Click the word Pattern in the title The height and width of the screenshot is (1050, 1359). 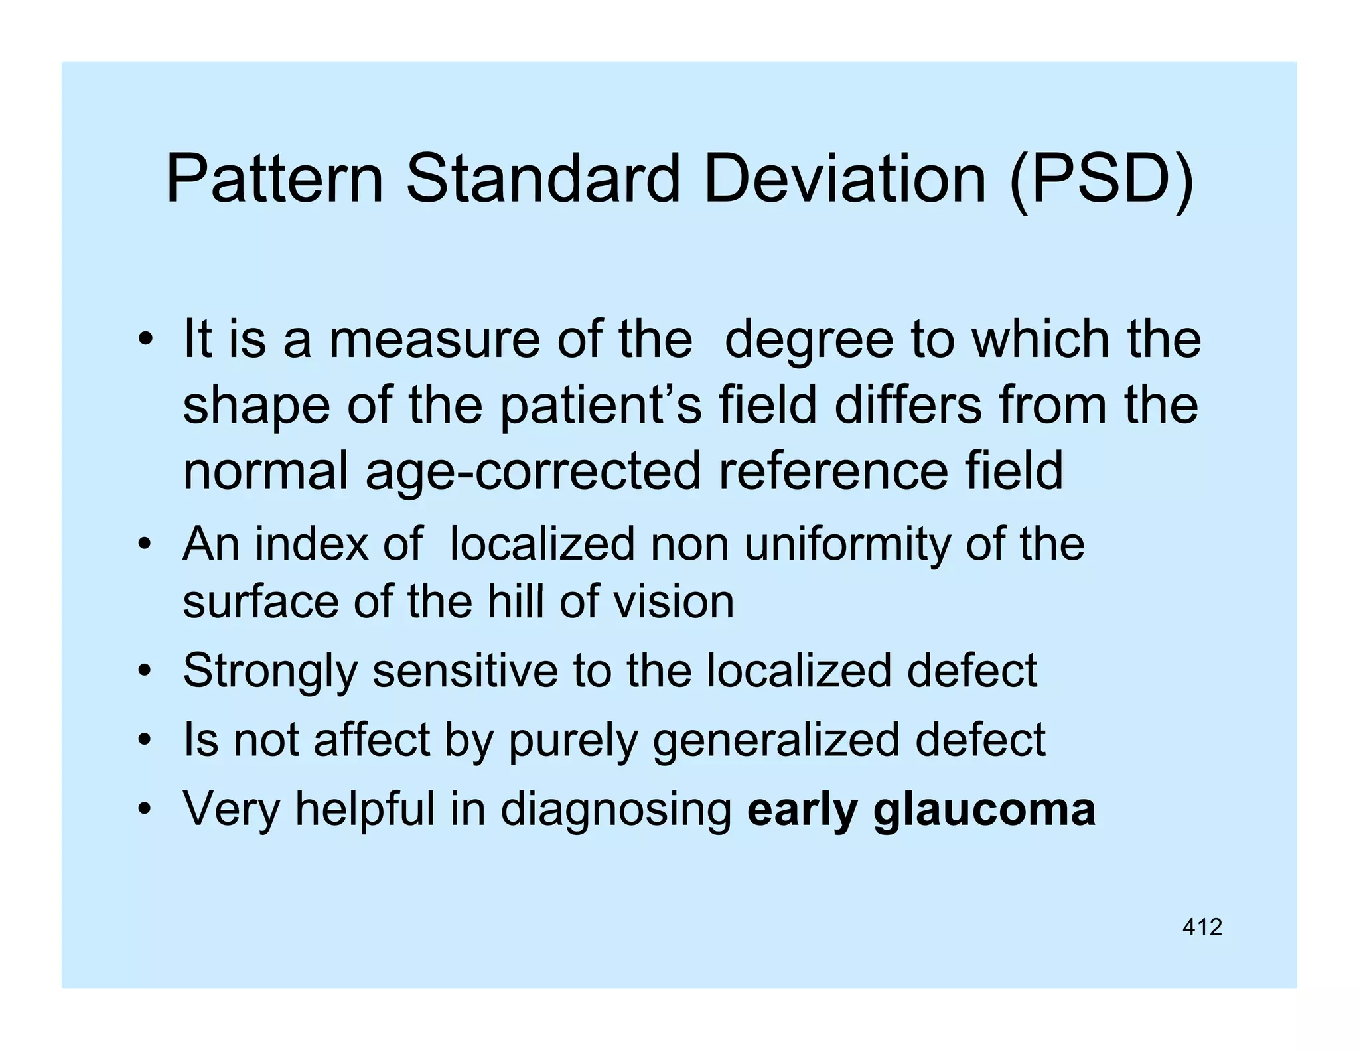(x=274, y=179)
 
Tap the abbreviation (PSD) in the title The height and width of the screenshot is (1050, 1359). (x=1101, y=179)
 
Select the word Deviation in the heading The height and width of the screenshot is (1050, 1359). (x=844, y=179)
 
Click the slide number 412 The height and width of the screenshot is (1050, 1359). (x=1202, y=927)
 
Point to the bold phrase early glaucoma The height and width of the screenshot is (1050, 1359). (x=921, y=809)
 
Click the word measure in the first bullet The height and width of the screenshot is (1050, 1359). (x=435, y=339)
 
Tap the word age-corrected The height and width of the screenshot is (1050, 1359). (x=533, y=471)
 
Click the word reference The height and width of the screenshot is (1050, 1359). (x=833, y=471)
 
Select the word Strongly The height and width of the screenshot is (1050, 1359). (x=270, y=671)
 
